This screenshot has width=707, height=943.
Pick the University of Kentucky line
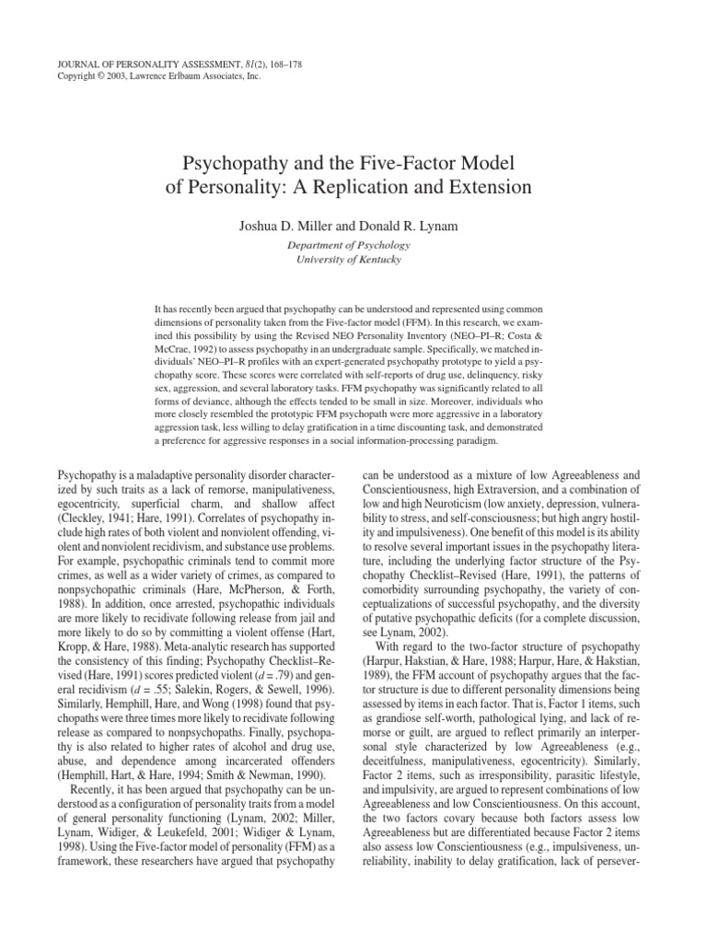click(353, 260)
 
